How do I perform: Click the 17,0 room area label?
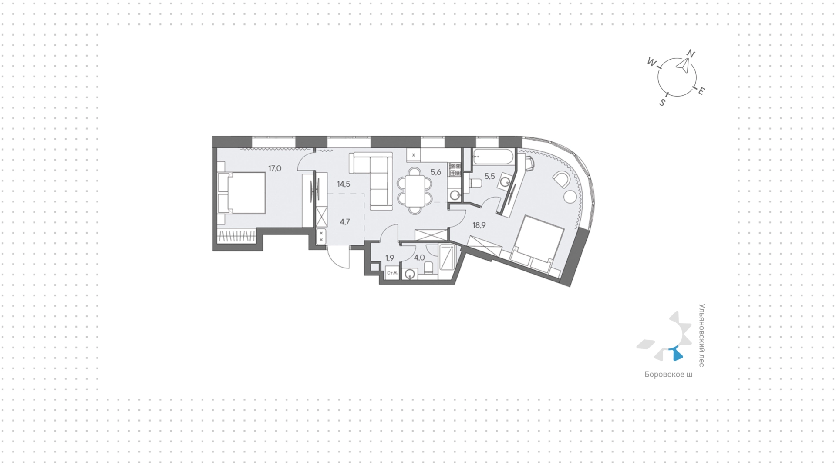tap(275, 168)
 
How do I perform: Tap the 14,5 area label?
tap(344, 184)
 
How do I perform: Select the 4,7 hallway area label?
tap(345, 222)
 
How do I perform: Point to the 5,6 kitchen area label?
tap(436, 172)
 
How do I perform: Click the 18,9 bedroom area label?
tap(479, 225)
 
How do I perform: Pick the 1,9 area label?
tap(390, 258)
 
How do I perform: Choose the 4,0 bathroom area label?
tap(419, 258)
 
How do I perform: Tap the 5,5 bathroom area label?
tap(489, 177)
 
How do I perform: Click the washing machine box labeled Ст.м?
tap(392, 273)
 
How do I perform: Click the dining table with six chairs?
tap(415, 191)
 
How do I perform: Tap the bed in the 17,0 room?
tap(242, 193)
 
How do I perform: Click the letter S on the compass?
tap(662, 103)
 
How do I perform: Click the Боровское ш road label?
tap(668, 375)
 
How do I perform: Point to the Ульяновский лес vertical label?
tap(701, 335)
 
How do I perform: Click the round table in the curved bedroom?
tap(570, 197)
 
